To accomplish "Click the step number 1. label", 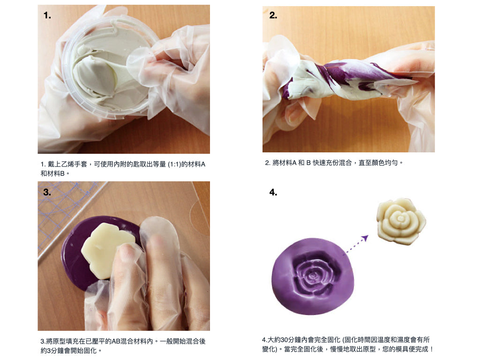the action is click(x=47, y=15).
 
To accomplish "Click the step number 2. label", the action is click(x=273, y=15).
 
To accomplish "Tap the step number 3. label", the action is click(x=47, y=192).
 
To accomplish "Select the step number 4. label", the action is click(x=273, y=192).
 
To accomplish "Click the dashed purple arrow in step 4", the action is click(x=357, y=244).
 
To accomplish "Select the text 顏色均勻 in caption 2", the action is click(x=385, y=163).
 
